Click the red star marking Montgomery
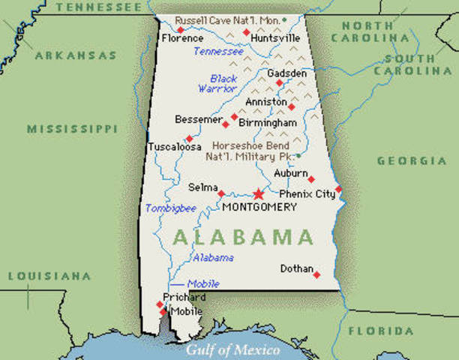click(x=259, y=193)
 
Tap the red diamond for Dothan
click(x=316, y=274)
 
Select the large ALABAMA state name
click(x=243, y=238)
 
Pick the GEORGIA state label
click(x=412, y=160)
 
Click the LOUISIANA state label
click(x=49, y=277)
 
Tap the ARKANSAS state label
click(x=76, y=55)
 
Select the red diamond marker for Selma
click(x=220, y=193)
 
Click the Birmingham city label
click(x=266, y=121)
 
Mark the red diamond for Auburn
click(x=311, y=179)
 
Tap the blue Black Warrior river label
click(x=218, y=83)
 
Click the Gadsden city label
click(x=286, y=73)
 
